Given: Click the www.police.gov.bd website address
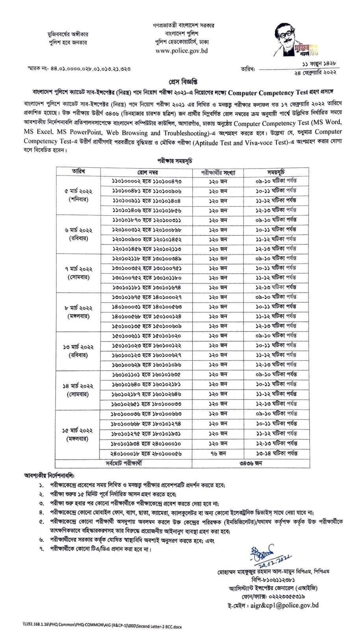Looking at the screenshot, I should tap(181, 51).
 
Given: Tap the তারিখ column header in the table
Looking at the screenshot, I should tap(79, 171).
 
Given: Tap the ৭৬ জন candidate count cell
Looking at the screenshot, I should tap(218, 453).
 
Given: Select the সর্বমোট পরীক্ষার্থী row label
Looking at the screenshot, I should tap(124, 463).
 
